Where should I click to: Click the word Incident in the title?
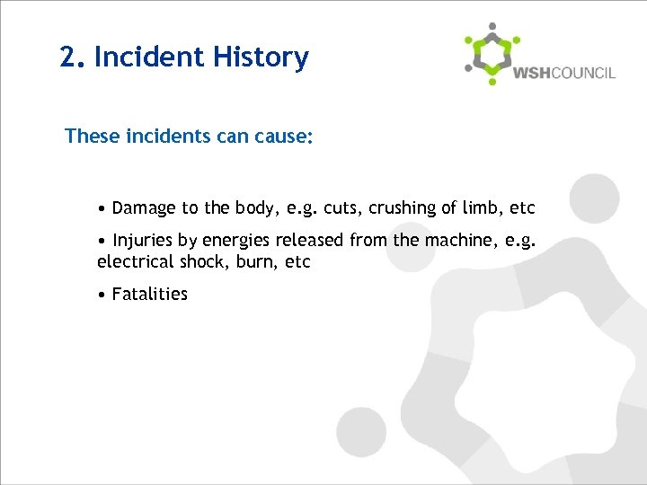[x=148, y=57]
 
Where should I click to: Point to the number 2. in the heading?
[x=72, y=57]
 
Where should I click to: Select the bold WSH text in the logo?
[x=532, y=73]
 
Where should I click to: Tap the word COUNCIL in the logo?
[x=584, y=73]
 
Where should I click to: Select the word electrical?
[x=133, y=262]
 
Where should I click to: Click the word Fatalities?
[x=150, y=294]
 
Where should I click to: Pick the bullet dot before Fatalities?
[x=103, y=295]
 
